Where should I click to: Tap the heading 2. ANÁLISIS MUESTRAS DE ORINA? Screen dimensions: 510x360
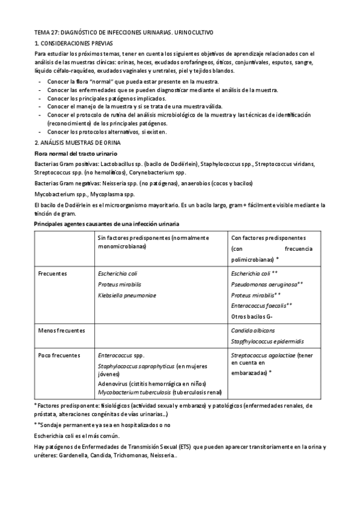[x=78, y=143]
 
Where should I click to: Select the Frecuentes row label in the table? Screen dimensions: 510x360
[x=52, y=274]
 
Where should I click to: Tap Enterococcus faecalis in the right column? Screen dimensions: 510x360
[x=258, y=306]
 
